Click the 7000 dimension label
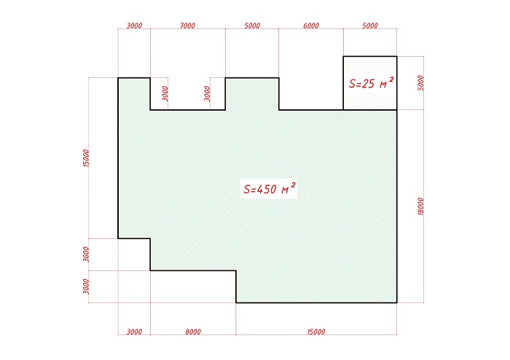pyautogui.click(x=187, y=26)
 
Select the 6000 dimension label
pyautogui.click(x=311, y=26)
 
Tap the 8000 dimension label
pyautogui.click(x=193, y=332)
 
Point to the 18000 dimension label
pyautogui.click(x=420, y=206)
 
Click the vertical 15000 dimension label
pyautogui.click(x=86, y=158)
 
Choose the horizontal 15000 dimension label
pyautogui.click(x=316, y=332)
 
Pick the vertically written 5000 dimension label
pyautogui.click(x=420, y=83)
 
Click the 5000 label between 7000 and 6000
pyautogui.click(x=252, y=26)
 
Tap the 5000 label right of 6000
pyautogui.click(x=370, y=26)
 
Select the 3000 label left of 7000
pyautogui.click(x=134, y=26)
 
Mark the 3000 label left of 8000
pyautogui.click(x=134, y=332)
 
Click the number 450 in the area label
pyautogui.click(x=267, y=189)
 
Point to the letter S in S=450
pyautogui.click(x=247, y=189)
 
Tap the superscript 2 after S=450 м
pyautogui.click(x=293, y=185)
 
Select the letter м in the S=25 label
pyautogui.click(x=382, y=85)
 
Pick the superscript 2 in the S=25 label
pyautogui.click(x=391, y=79)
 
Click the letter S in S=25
pyautogui.click(x=352, y=84)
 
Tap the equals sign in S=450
pyautogui.click(x=254, y=189)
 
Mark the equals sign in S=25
pyautogui.click(x=358, y=85)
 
